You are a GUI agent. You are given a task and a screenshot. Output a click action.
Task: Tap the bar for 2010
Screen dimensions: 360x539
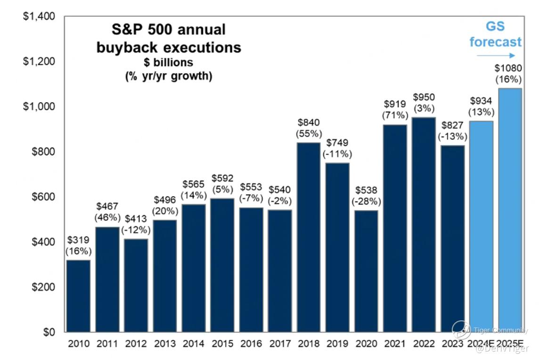pyautogui.click(x=78, y=296)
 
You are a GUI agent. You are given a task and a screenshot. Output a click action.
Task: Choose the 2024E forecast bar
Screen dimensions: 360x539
pyautogui.click(x=481, y=226)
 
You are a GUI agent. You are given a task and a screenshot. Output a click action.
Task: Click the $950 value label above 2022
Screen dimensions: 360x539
pyautogui.click(x=424, y=97)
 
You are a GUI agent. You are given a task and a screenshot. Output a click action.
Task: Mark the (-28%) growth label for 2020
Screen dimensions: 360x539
pyautogui.click(x=366, y=201)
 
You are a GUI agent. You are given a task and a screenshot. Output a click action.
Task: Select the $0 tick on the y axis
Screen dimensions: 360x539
pyautogui.click(x=49, y=332)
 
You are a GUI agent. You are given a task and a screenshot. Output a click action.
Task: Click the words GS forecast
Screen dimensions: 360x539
pyautogui.click(x=495, y=34)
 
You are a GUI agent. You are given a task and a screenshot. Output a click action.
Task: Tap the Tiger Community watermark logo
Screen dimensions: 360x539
pyautogui.click(x=461, y=330)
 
